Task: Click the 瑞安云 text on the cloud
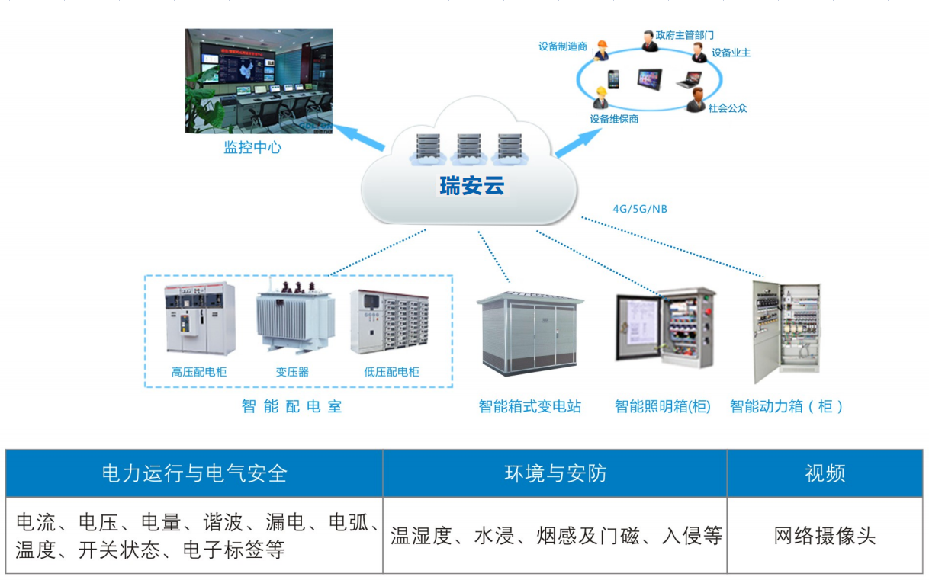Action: tap(471, 185)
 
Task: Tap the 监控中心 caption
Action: tap(252, 148)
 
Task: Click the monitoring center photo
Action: tap(259, 81)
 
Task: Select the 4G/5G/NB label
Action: tap(640, 209)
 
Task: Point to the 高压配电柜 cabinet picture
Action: tap(200, 319)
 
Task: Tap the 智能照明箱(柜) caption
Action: tap(662, 407)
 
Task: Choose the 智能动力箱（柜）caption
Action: tap(786, 407)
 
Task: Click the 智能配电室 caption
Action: tap(292, 407)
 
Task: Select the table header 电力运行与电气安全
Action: tap(194, 473)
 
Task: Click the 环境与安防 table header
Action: tap(555, 473)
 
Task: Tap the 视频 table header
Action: tap(825, 473)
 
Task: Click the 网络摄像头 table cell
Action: tap(825, 536)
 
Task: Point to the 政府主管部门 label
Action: tap(685, 35)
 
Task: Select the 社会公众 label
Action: tap(728, 108)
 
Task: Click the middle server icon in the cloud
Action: tap(468, 148)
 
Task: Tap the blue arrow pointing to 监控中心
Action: tap(358, 136)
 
